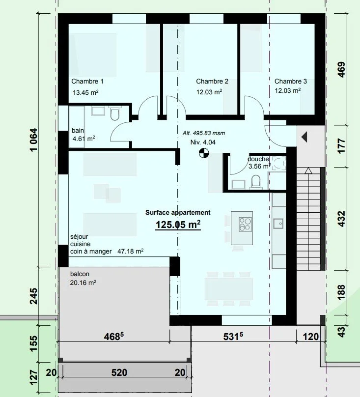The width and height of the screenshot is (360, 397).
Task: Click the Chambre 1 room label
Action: (87, 81)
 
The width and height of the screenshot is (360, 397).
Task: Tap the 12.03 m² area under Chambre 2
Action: (209, 92)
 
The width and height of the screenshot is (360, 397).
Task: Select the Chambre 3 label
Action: (291, 81)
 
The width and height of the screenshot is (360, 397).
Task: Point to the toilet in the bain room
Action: (115, 114)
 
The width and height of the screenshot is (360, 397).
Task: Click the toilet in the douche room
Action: (256, 182)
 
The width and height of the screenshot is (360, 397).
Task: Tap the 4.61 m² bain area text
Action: (84, 139)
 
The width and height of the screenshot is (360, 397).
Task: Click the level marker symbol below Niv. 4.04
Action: (204, 153)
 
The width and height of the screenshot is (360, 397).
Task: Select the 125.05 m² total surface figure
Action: (178, 225)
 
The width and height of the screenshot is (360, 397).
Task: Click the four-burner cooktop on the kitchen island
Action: (245, 225)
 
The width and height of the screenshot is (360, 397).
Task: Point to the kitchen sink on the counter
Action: (278, 224)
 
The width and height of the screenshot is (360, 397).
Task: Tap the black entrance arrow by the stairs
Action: (305, 137)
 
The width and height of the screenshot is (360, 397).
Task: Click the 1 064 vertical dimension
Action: (34, 140)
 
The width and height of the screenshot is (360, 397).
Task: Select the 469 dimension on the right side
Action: (341, 70)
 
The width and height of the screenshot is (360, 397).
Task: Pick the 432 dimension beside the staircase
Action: (341, 219)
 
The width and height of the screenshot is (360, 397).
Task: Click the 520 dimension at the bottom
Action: (119, 372)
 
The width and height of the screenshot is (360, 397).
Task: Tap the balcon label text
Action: (80, 274)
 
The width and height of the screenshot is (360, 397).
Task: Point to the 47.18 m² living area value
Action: (130, 251)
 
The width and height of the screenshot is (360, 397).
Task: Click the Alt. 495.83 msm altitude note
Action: (204, 133)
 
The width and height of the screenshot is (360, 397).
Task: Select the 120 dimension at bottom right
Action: (310, 337)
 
